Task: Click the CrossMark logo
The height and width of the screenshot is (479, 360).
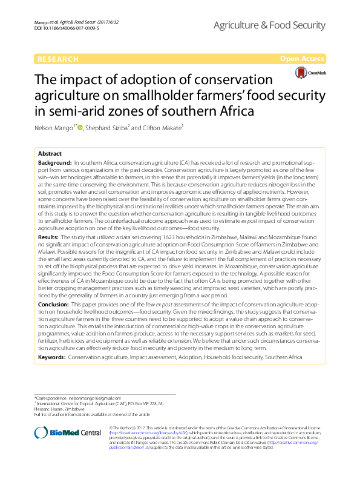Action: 309,73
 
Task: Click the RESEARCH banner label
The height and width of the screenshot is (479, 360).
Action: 58,59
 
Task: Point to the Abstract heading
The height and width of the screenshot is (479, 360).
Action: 50,154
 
